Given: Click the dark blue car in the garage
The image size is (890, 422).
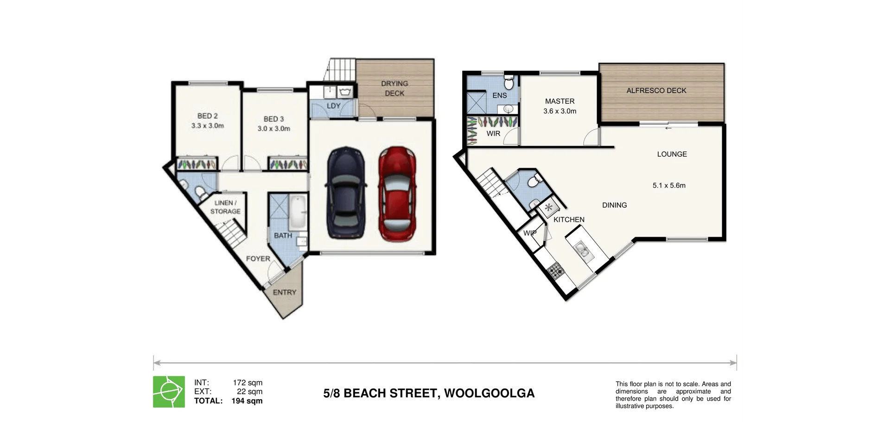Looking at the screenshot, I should click(346, 193).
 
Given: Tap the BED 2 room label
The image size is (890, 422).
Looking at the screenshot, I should click(207, 116).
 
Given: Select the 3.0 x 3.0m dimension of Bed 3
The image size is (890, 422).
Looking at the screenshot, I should click(273, 128).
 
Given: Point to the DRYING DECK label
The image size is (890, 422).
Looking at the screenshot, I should click(394, 88).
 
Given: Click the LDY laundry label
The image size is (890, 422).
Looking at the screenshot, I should click(333, 106).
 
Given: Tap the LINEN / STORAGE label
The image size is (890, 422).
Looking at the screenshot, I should click(225, 207).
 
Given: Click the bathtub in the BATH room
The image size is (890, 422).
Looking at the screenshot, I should click(298, 212).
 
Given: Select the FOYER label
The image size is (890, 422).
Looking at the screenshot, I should click(258, 258).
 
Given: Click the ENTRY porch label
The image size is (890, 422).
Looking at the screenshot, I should click(284, 292).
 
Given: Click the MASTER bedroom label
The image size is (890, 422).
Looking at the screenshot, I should click(559, 101).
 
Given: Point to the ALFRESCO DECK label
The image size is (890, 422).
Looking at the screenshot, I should click(656, 90).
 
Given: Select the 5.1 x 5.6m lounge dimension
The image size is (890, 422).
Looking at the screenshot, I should click(669, 185).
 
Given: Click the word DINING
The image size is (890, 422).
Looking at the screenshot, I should click(614, 205).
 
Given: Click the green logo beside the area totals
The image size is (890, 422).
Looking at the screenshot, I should click(169, 392).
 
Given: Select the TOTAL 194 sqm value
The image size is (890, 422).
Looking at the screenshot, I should click(247, 401).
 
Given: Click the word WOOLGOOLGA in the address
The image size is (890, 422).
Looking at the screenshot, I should click(489, 393).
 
